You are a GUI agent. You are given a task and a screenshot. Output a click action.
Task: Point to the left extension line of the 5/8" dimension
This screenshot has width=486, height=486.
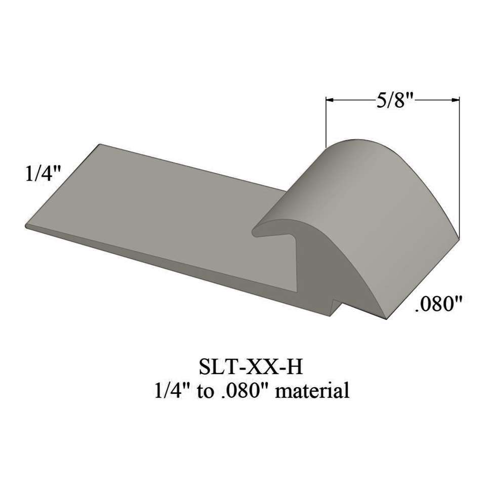(x=326, y=121)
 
